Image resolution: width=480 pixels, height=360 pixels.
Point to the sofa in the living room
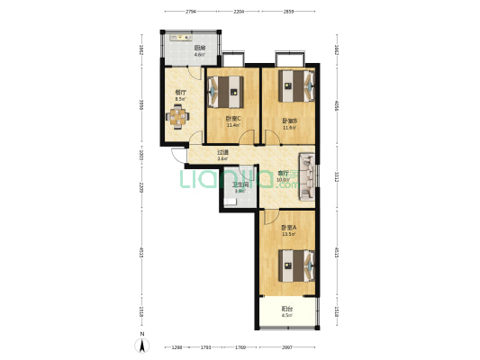tap(307, 173)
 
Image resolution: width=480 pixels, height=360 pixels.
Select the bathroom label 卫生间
tap(240, 185)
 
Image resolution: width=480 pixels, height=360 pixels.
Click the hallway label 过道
tap(222, 151)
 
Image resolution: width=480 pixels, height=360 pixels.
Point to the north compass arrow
tap(140, 343)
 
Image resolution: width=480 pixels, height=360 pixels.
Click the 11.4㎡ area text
tap(232, 125)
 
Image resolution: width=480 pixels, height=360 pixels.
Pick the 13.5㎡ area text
tap(287, 233)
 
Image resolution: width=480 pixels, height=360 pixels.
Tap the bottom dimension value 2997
tap(286, 346)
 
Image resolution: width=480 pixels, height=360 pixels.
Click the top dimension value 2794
tap(191, 12)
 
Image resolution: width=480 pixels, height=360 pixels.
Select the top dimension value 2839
tap(287, 12)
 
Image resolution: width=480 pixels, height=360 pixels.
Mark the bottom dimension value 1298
tap(177, 346)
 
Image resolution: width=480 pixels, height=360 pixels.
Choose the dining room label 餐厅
tap(180, 91)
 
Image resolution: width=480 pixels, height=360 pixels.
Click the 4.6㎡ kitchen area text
tap(199, 56)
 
